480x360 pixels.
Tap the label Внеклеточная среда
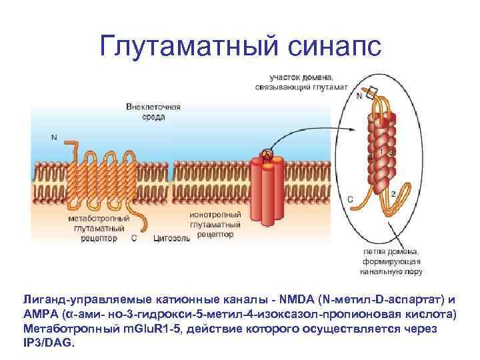pyautogui.click(x=153, y=111)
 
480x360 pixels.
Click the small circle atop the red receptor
pyautogui.click(x=267, y=155)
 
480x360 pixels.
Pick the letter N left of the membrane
pyautogui.click(x=53, y=137)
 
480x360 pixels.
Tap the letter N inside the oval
pyautogui.click(x=359, y=97)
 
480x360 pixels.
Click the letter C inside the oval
pyautogui.click(x=351, y=199)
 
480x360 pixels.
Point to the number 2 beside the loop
pyautogui.click(x=393, y=193)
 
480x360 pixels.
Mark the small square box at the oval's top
pyautogui.click(x=373, y=93)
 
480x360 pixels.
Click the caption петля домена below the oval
pyautogui.click(x=391, y=252)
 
